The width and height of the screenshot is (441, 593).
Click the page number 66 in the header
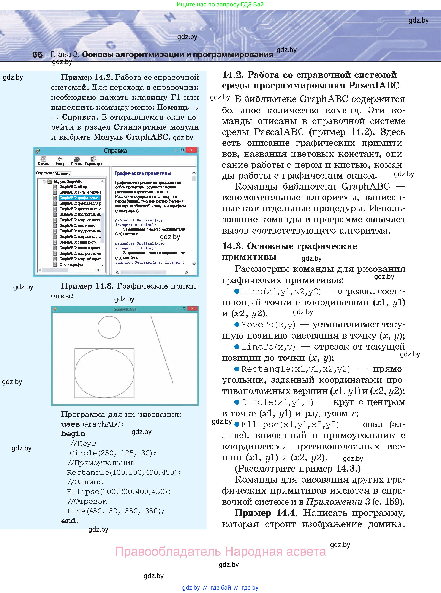(37, 55)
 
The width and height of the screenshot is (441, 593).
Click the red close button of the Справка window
(191, 150)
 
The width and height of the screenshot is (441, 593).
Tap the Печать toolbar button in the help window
(76, 161)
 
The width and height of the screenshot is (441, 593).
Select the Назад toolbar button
(60, 161)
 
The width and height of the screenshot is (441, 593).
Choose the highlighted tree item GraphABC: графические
(80, 198)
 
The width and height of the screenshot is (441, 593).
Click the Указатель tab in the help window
(63, 174)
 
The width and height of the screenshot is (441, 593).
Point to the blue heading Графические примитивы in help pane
(143, 173)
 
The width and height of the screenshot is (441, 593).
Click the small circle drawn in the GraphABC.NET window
(109, 327)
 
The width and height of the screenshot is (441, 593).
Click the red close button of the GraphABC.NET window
(192, 309)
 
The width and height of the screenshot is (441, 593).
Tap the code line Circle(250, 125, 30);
(113, 453)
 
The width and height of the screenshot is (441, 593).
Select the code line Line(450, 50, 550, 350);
(115, 511)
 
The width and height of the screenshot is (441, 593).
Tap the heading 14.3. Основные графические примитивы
(289, 251)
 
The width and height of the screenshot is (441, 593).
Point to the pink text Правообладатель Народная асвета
(220, 551)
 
